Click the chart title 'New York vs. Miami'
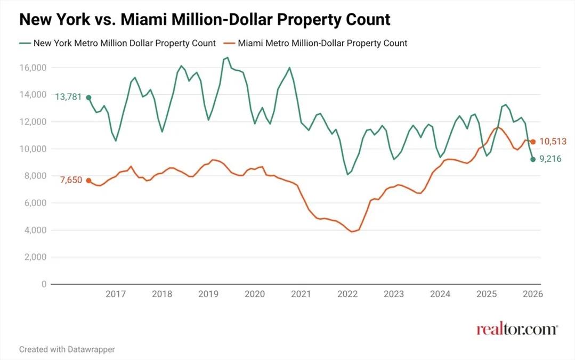click(x=205, y=20)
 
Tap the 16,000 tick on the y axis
click(x=33, y=68)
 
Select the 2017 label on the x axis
click(x=115, y=294)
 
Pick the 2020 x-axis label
click(x=254, y=294)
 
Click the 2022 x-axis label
click(x=347, y=294)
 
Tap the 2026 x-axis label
click(x=532, y=294)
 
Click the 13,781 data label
click(x=69, y=96)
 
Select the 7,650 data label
click(x=71, y=180)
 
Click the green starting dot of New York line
click(x=88, y=97)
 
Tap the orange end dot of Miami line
click(x=533, y=142)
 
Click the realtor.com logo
click(x=516, y=329)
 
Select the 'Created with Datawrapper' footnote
click(x=67, y=349)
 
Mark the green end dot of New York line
click(x=533, y=159)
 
